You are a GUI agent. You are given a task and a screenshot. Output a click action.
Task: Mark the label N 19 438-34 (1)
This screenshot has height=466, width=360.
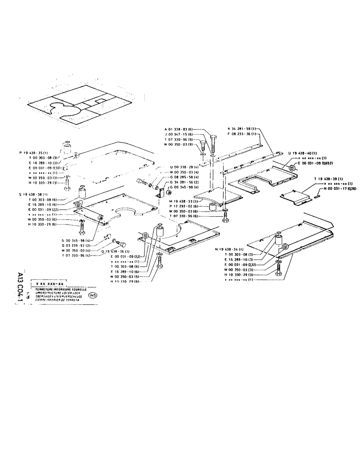pyautogui.click(x=231, y=249)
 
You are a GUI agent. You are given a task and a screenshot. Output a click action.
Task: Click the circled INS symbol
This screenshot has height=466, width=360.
pyautogui.click(x=92, y=295)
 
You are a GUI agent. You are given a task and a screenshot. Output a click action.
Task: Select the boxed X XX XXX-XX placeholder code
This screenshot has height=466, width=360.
pyautogui.click(x=49, y=283)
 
